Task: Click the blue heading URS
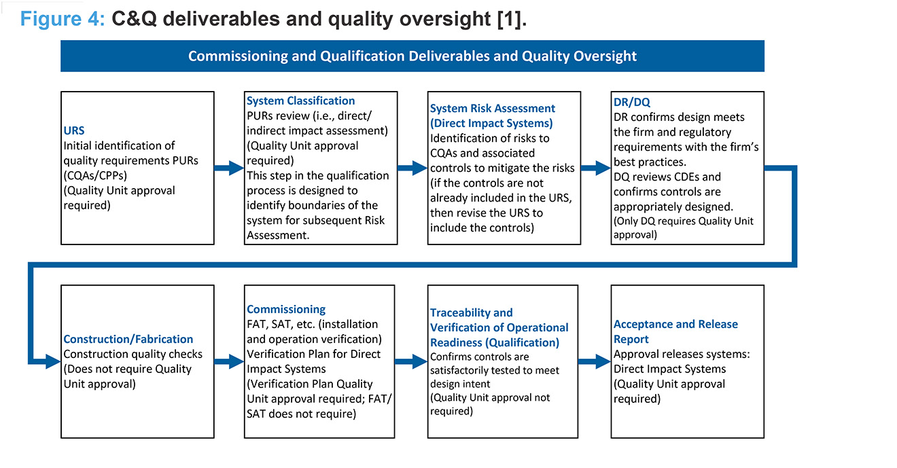pyautogui.click(x=74, y=130)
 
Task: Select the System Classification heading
pyautogui.click(x=301, y=101)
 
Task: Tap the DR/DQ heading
pyautogui.click(x=632, y=102)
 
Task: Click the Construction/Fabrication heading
pyautogui.click(x=128, y=339)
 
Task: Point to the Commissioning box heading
pyautogui.click(x=286, y=309)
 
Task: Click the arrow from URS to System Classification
pyautogui.click(x=229, y=168)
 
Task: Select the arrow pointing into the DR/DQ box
pyautogui.click(x=596, y=168)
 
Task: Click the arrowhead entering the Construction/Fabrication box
pyautogui.click(x=53, y=361)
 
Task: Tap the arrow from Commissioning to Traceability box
pyautogui.click(x=411, y=361)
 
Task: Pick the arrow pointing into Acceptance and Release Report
pyautogui.click(x=595, y=361)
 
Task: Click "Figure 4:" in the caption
pyautogui.click(x=63, y=19)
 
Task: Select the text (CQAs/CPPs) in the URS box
pyautogui.click(x=95, y=175)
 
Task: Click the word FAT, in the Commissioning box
pyautogui.click(x=258, y=324)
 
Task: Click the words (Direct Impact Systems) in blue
pyautogui.click(x=491, y=123)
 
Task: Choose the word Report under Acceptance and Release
pyautogui.click(x=631, y=339)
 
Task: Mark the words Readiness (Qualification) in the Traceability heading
pyautogui.click(x=495, y=343)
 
